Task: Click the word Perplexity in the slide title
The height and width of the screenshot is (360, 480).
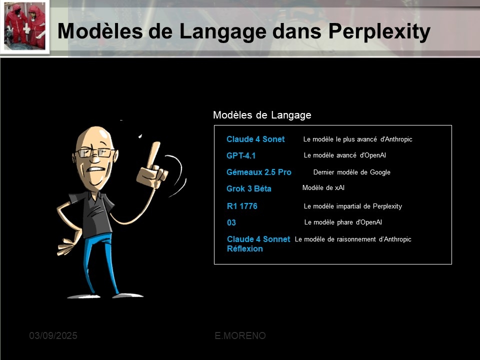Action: point(379,31)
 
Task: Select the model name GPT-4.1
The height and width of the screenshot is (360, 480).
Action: point(241,155)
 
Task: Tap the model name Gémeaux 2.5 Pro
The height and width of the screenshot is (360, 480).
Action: point(259,172)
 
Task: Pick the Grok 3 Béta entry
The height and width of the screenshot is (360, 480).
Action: point(249,188)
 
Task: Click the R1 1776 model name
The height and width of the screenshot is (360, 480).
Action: point(242,206)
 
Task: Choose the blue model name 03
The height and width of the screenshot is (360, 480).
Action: point(231,222)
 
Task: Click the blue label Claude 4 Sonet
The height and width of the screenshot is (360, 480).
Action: point(255,139)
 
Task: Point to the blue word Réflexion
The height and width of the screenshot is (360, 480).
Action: point(245,248)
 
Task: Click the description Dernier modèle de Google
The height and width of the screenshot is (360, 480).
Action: point(351,172)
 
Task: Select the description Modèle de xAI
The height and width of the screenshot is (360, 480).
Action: point(323,187)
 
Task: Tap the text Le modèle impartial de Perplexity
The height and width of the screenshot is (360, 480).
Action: point(352,206)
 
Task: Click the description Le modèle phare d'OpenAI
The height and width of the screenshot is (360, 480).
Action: point(343,222)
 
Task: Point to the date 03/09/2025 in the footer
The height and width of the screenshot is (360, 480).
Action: point(53,336)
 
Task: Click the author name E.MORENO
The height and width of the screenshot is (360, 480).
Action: point(240,336)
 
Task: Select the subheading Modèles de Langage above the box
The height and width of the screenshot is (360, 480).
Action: point(262,115)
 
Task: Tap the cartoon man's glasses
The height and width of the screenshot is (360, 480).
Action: point(94,152)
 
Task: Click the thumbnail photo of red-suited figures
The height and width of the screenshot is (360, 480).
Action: point(24,26)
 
